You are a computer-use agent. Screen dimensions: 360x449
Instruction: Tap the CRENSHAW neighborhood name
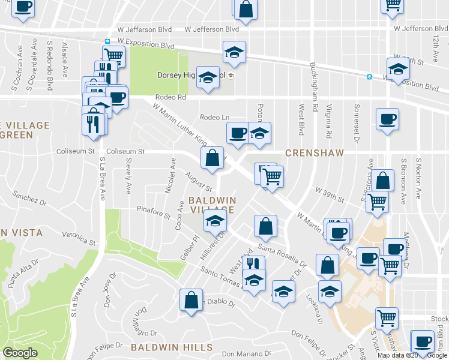tap(314, 153)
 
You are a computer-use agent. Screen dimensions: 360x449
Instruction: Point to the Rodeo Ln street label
tap(214, 118)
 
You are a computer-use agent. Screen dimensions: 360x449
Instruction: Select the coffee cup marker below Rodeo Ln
tap(238, 133)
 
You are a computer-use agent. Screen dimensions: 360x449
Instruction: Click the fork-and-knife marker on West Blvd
tap(255, 265)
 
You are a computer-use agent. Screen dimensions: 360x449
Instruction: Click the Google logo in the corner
tap(20, 353)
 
